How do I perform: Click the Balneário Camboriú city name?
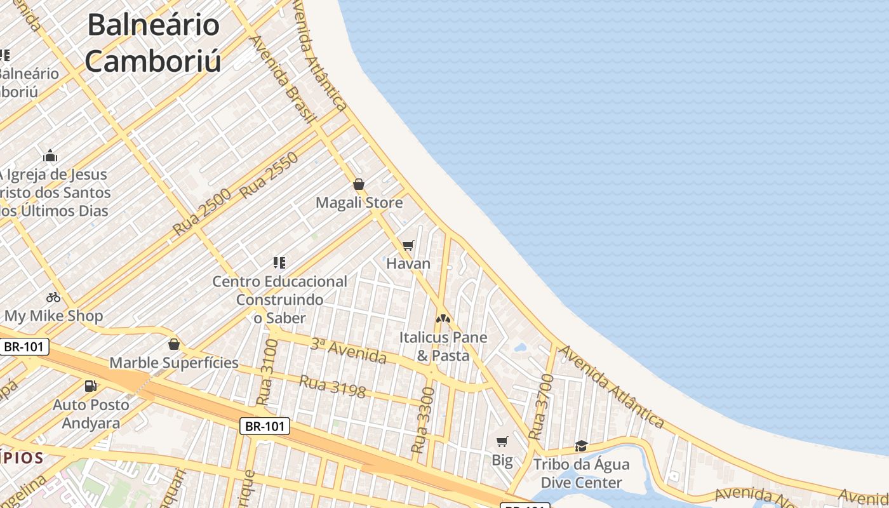pyautogui.click(x=153, y=43)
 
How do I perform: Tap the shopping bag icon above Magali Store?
pyautogui.click(x=359, y=184)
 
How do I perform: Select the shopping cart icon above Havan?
pyautogui.click(x=408, y=245)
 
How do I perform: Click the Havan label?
pyautogui.click(x=408, y=264)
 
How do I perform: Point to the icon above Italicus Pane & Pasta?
pyautogui.click(x=443, y=318)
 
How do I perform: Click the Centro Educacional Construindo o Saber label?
pyautogui.click(x=279, y=299)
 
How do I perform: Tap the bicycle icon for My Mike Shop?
pyautogui.click(x=53, y=297)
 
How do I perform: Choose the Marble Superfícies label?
pyautogui.click(x=174, y=363)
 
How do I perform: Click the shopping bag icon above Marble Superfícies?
pyautogui.click(x=174, y=344)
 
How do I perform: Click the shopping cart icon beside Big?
pyautogui.click(x=502, y=441)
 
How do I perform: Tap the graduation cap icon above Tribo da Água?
pyautogui.click(x=581, y=446)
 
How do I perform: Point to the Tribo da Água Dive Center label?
pyautogui.click(x=581, y=473)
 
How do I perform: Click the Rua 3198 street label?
pyautogui.click(x=332, y=386)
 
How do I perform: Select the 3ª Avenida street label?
pyautogui.click(x=348, y=351)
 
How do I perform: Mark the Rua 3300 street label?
pyautogui.click(x=423, y=420)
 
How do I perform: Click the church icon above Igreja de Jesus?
pyautogui.click(x=50, y=156)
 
